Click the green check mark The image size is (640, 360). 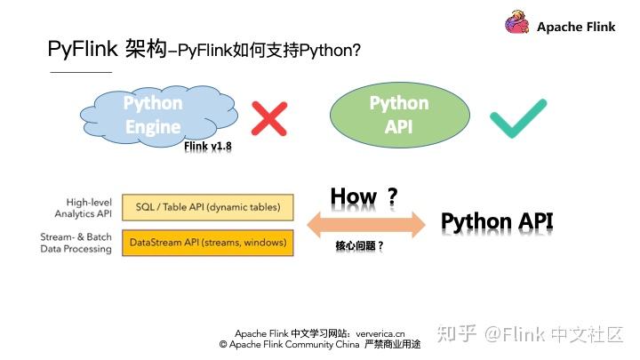click(517, 118)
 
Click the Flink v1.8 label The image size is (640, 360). click(208, 147)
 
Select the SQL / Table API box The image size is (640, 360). click(207, 208)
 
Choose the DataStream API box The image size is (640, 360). click(207, 242)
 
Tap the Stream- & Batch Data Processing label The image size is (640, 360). click(76, 243)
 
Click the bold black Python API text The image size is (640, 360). click(497, 221)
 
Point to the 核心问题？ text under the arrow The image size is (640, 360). click(359, 245)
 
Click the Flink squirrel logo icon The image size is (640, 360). click(517, 25)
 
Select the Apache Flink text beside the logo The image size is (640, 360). click(576, 27)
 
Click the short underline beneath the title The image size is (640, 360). click(80, 71)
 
